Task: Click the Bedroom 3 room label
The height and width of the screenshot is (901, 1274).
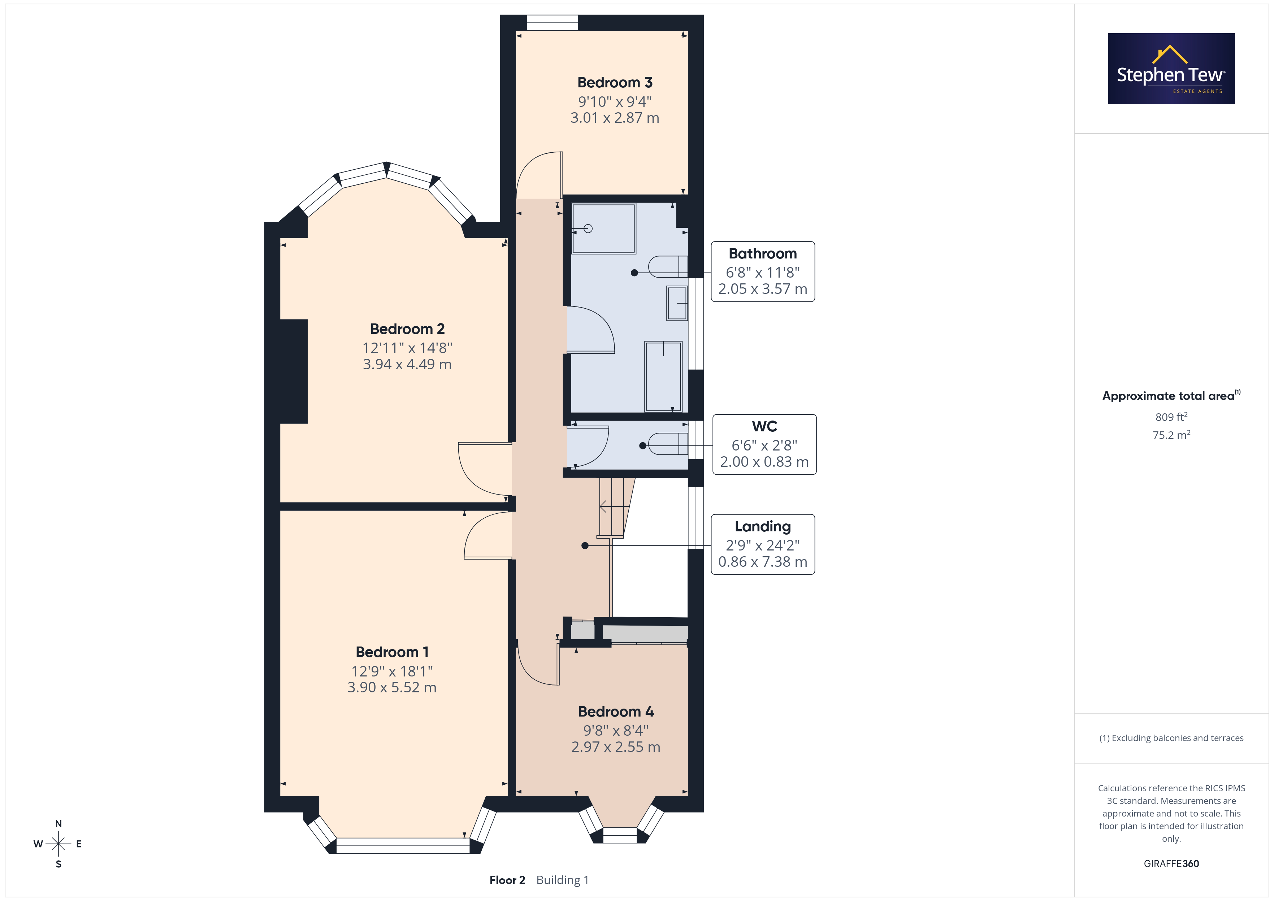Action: (615, 83)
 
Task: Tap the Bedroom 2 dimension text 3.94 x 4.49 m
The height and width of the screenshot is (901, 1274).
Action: (407, 365)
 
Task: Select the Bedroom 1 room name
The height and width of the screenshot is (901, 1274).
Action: (392, 652)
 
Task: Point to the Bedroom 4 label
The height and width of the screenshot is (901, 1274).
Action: (616, 712)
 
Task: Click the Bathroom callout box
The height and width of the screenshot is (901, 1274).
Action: (763, 272)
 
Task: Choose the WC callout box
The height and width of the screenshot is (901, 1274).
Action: (764, 444)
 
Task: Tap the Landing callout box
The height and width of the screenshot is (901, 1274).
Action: (763, 544)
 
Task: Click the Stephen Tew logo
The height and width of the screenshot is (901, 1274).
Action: (1171, 69)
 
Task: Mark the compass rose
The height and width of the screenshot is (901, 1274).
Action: (58, 844)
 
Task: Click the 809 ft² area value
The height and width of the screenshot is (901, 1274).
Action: (1171, 417)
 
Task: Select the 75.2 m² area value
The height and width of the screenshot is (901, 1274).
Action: (1171, 435)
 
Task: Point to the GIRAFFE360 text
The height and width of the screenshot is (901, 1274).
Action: (1171, 864)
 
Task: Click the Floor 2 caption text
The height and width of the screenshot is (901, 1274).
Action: (507, 880)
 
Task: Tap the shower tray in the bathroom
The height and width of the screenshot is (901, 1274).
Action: (604, 228)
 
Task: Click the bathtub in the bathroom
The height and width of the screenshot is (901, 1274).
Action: (663, 376)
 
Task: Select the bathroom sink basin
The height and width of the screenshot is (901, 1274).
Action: (677, 303)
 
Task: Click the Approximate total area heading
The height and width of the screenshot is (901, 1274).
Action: (1171, 396)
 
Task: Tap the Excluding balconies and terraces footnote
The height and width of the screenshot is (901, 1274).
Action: (1171, 738)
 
